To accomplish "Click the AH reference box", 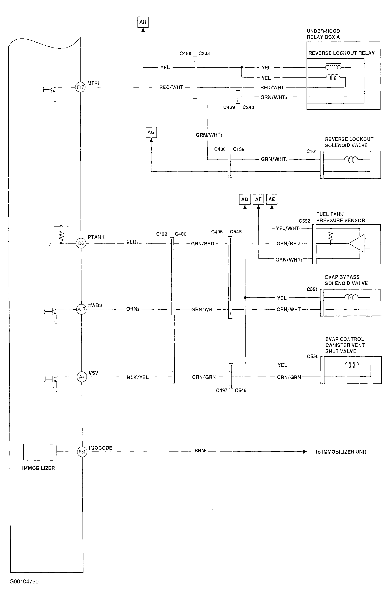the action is pos(143,22).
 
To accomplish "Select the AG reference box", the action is pos(151,132).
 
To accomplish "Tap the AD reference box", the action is pos(245,199).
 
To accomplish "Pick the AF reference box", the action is pos(258,199).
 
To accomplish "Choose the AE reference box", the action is pos(272,199).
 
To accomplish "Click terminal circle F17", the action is pos(80,87).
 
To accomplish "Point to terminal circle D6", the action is pos(81,243).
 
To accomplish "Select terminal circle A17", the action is pos(81,309).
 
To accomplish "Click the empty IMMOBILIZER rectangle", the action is pos(40,452).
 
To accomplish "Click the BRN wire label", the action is pos(201,451).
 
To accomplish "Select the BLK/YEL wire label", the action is pos(138,377).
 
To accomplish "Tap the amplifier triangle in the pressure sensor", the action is pos(356,243).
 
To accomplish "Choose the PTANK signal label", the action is pos(96,237).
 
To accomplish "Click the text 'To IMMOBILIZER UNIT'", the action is pos(341,452).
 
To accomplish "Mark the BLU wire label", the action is pos(132,242).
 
